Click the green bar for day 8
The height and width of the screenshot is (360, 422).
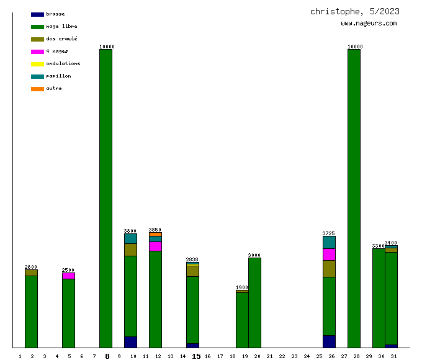(x=105, y=199)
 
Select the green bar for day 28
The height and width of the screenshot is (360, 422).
(x=354, y=199)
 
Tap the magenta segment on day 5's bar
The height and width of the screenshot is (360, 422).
(x=68, y=276)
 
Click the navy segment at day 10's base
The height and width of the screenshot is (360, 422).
(x=130, y=342)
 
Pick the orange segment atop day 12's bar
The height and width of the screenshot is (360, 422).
(x=155, y=234)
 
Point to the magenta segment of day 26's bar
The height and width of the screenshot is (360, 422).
(x=329, y=254)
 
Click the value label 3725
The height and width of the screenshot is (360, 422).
(x=329, y=233)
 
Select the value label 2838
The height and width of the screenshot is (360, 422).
(x=192, y=259)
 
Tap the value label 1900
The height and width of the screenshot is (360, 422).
(x=242, y=287)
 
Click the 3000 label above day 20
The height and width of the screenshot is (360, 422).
(x=254, y=255)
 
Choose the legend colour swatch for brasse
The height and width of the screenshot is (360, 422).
(x=37, y=14)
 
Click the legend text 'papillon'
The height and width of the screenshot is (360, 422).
(x=58, y=76)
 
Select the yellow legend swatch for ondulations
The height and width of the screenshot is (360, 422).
(x=37, y=64)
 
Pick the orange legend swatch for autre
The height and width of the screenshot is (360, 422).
(x=37, y=89)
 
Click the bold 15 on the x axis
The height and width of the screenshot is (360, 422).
(x=196, y=356)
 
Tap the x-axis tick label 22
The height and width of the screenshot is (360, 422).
(x=282, y=356)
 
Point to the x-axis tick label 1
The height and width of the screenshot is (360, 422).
(x=20, y=356)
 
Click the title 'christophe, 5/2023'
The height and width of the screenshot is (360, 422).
(x=354, y=11)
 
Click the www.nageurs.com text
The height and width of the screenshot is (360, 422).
(x=369, y=24)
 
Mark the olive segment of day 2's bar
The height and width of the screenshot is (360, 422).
(x=31, y=272)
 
